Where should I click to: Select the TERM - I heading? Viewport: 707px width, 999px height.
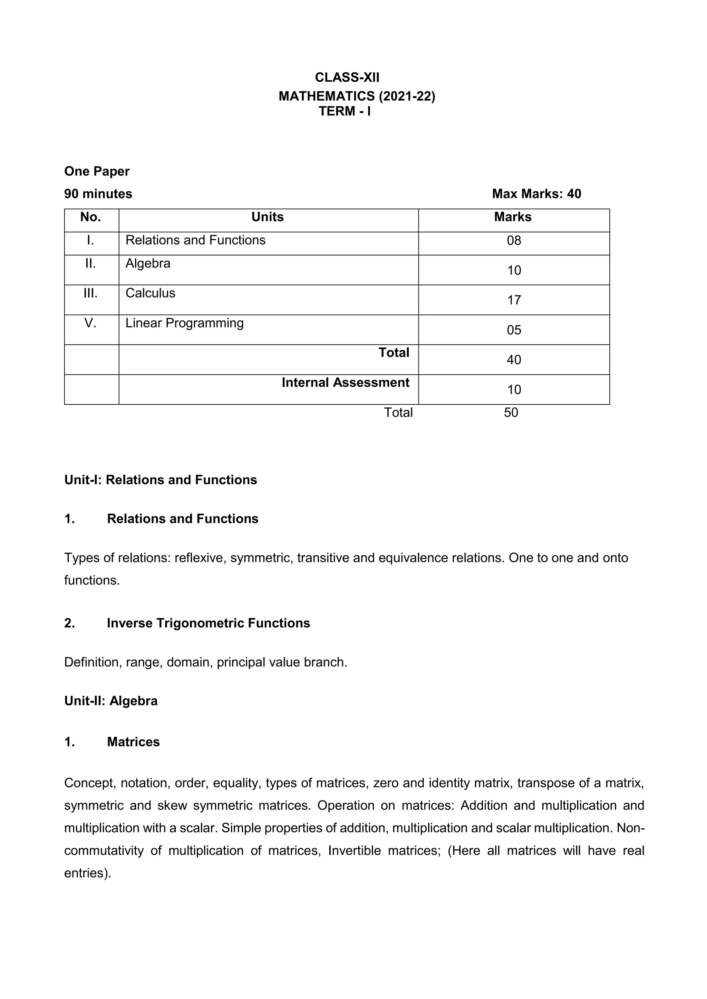345,111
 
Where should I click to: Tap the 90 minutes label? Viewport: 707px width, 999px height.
98,194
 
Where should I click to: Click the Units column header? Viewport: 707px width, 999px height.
267,217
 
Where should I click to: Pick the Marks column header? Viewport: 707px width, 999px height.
513,217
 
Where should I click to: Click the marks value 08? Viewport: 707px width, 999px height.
514,241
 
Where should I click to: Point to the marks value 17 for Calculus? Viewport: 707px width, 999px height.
514,300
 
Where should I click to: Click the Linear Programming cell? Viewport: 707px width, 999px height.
184,323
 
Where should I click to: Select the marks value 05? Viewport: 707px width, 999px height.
514,330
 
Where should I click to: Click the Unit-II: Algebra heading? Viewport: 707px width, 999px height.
111,701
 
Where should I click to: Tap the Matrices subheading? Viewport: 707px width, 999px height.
133,742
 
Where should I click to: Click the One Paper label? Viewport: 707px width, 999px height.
97,171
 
